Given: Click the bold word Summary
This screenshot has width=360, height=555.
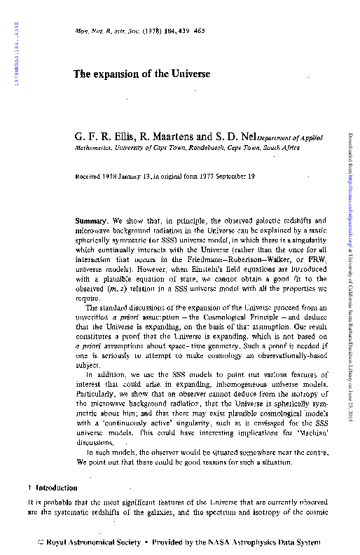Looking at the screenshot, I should (90, 221).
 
